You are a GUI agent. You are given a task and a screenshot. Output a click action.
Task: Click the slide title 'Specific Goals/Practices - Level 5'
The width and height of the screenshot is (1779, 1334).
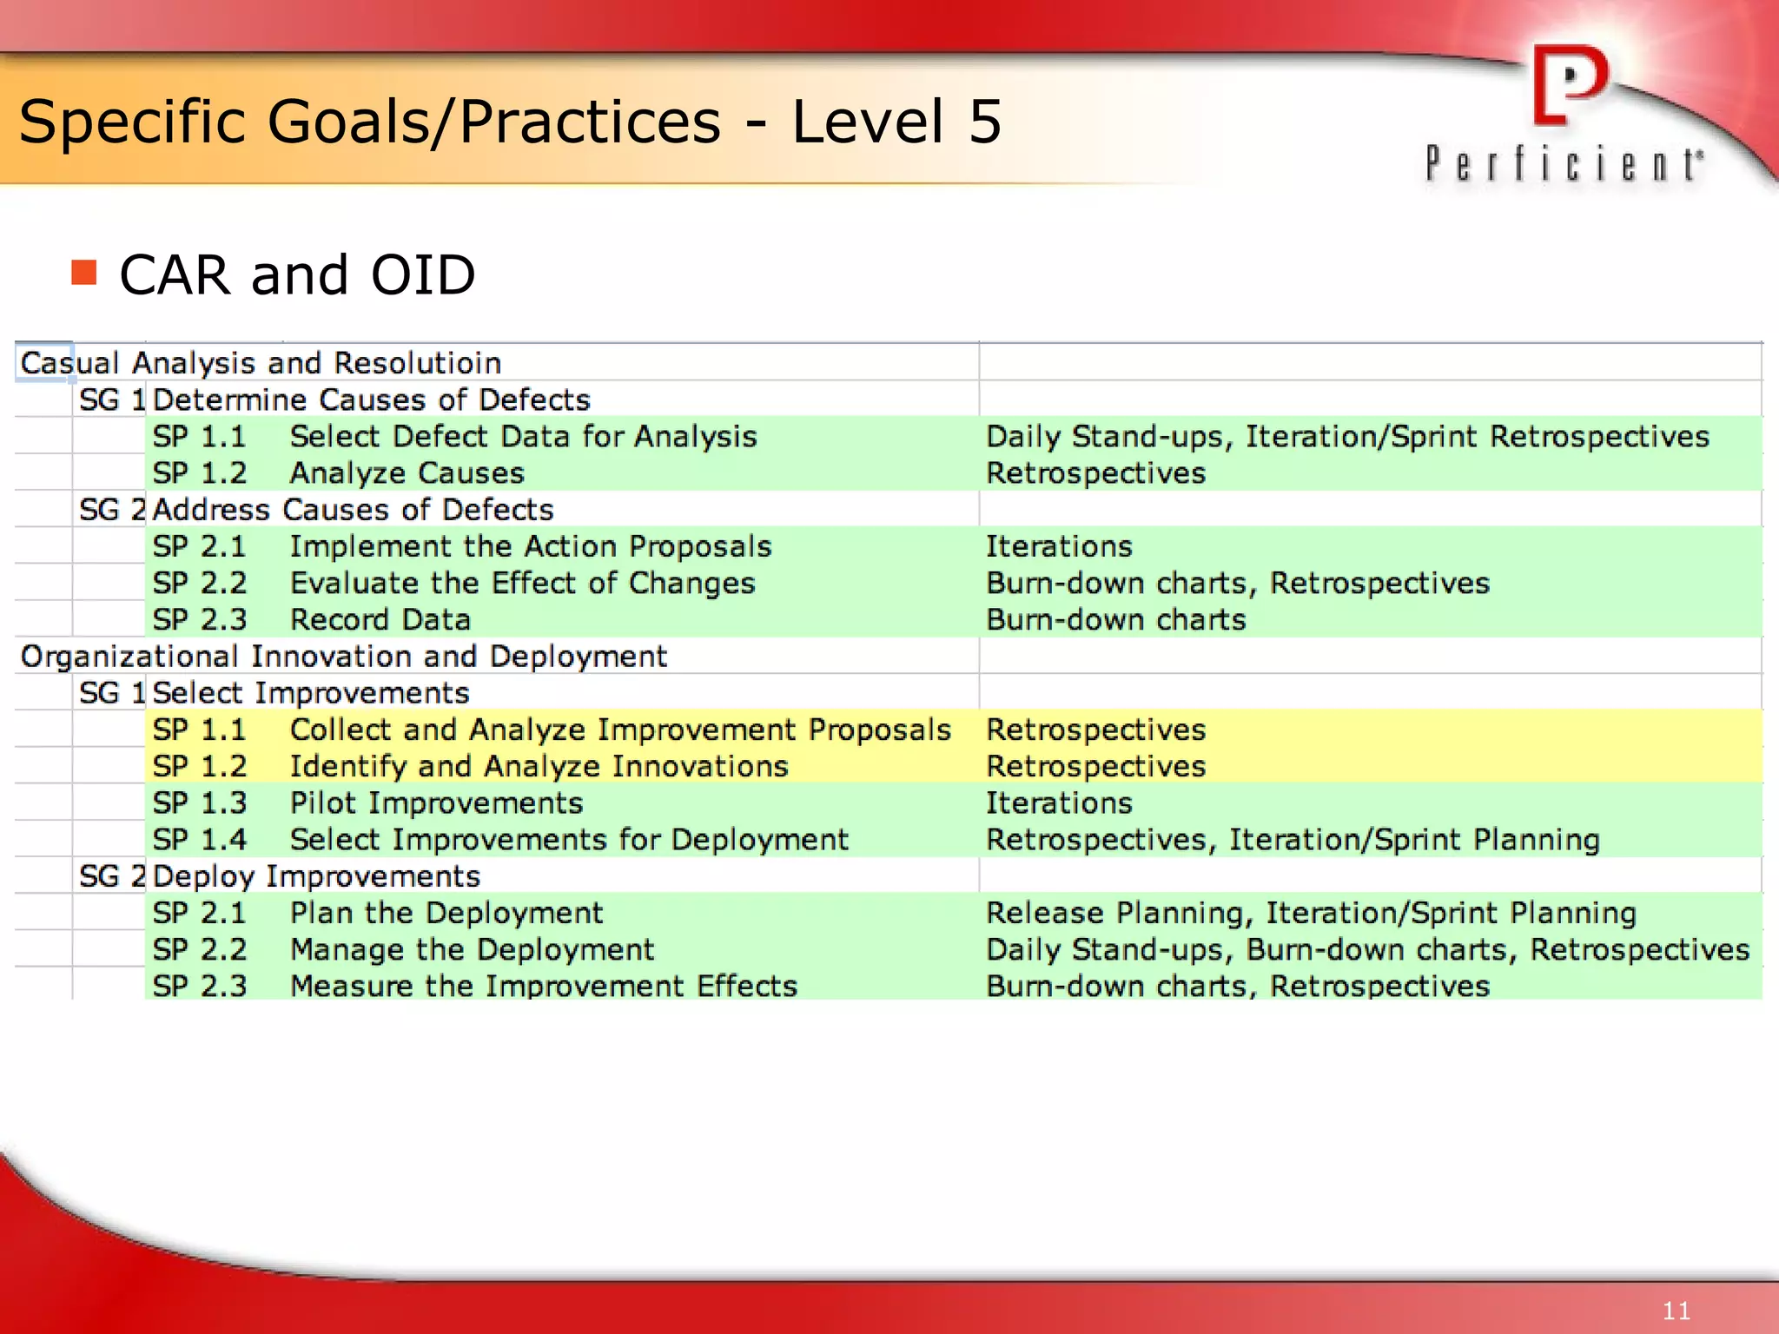(x=510, y=122)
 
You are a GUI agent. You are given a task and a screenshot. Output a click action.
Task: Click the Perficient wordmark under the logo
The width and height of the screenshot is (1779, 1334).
(x=1564, y=164)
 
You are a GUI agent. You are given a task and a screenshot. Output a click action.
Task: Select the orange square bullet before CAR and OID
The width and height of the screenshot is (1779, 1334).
(x=84, y=273)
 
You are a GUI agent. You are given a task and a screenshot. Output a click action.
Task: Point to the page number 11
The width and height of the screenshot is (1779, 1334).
(x=1676, y=1311)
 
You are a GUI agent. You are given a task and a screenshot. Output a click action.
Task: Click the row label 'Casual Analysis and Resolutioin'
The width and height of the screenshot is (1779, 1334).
(x=261, y=363)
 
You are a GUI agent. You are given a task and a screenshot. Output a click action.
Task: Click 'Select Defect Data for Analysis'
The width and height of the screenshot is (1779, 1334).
(x=523, y=436)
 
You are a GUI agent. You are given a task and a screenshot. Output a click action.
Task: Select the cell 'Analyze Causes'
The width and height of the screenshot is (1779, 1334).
(x=407, y=473)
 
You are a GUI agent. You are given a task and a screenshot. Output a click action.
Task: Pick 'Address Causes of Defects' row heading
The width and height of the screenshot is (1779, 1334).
(x=353, y=510)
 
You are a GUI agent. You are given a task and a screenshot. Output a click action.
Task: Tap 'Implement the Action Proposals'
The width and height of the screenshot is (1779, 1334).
(x=530, y=546)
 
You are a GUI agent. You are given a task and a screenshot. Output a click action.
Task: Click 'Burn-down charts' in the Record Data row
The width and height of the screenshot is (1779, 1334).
(x=1115, y=620)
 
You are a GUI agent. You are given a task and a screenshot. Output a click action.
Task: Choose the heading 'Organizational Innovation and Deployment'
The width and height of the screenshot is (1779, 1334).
(x=343, y=657)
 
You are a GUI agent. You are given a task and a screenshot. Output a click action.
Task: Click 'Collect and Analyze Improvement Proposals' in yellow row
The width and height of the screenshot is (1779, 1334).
(x=620, y=730)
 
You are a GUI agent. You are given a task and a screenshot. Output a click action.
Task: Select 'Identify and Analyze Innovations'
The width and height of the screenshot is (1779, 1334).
(x=539, y=766)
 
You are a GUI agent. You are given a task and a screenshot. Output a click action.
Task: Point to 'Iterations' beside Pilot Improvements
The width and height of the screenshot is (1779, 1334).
(x=1059, y=803)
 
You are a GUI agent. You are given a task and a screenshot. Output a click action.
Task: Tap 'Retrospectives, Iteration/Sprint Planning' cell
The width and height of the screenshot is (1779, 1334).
(x=1292, y=840)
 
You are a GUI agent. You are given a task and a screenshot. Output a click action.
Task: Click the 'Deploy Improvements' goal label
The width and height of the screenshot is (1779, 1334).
(x=316, y=876)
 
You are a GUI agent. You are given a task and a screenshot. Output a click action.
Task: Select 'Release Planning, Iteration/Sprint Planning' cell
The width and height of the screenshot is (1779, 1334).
(x=1310, y=913)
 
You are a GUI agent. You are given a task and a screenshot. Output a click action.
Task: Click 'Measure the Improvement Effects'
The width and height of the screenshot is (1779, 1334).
(x=543, y=987)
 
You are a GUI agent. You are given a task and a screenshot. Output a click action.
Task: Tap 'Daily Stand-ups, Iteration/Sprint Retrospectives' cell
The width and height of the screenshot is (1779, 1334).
(x=1346, y=436)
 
